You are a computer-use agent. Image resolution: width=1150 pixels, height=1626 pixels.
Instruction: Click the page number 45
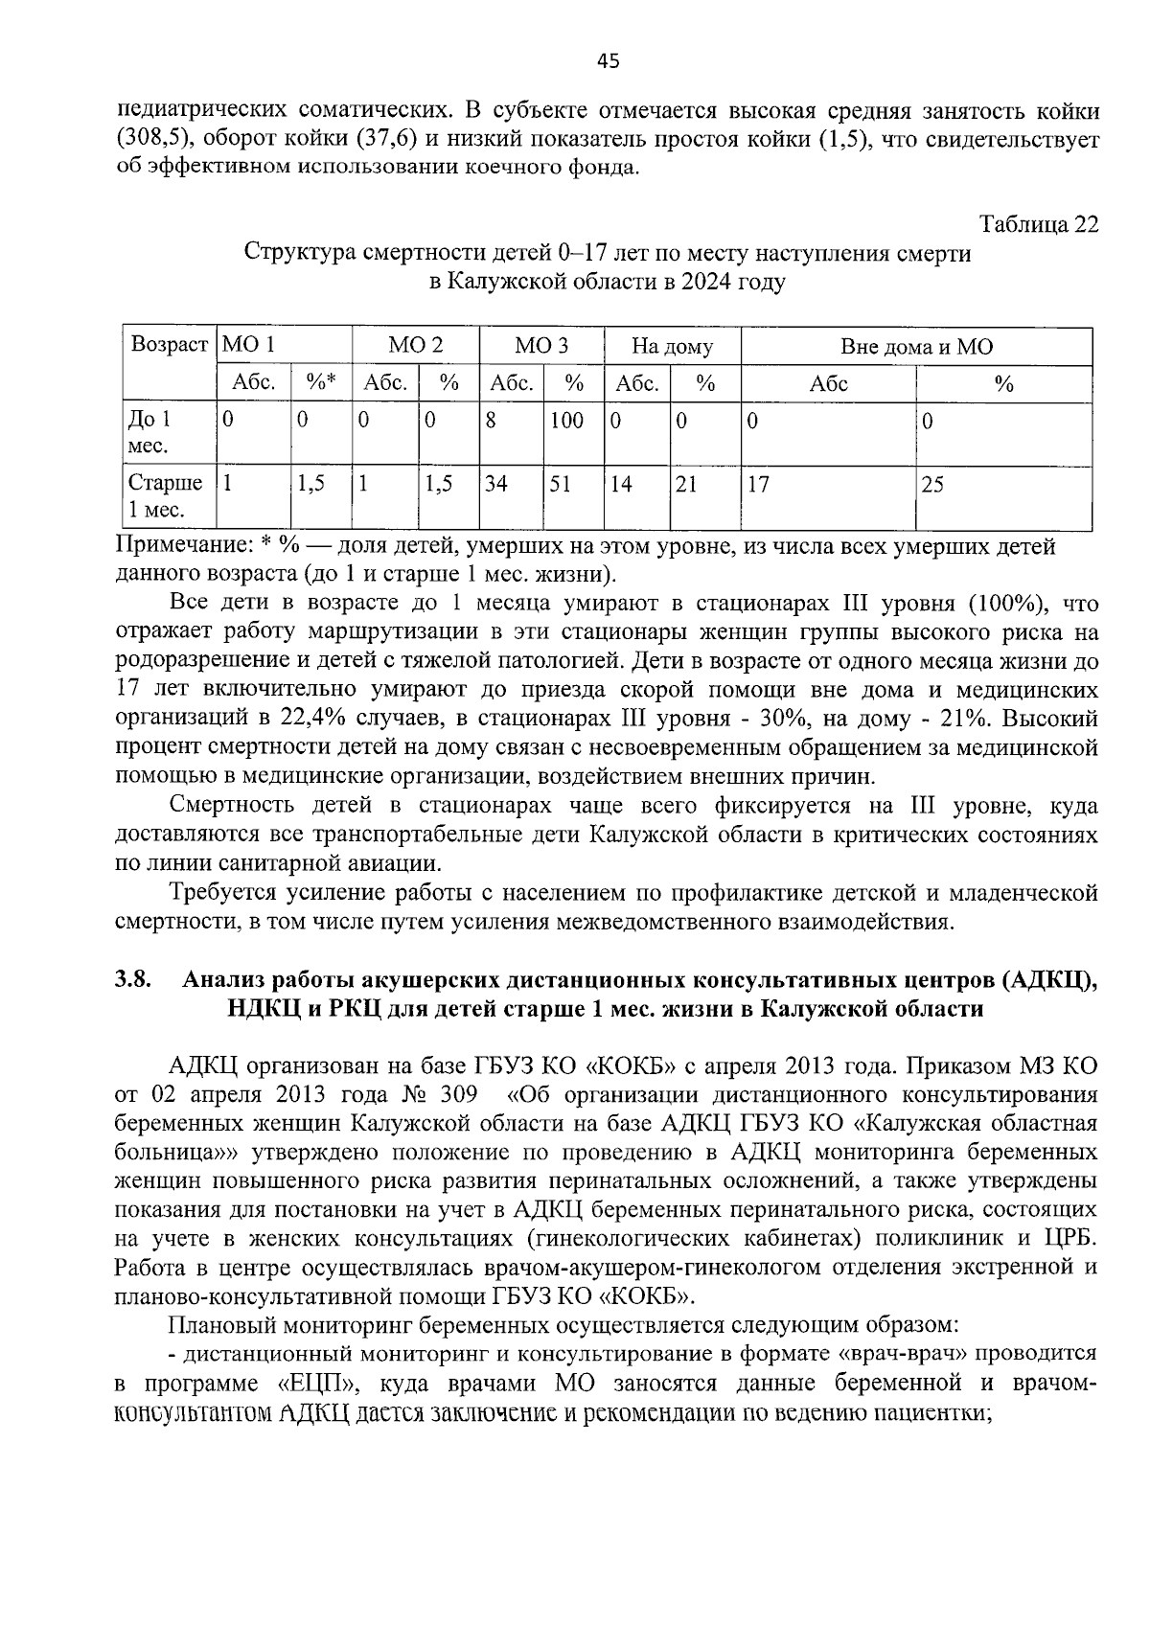(608, 62)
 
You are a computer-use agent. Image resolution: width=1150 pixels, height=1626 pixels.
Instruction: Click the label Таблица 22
(1038, 225)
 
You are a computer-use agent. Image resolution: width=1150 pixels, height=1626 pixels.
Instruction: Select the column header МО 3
(540, 346)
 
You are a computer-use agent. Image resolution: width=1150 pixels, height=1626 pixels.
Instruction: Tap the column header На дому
(672, 346)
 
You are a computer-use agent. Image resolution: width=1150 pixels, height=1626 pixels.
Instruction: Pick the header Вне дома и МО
(916, 346)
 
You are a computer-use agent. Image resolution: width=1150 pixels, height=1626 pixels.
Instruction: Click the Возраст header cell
(169, 345)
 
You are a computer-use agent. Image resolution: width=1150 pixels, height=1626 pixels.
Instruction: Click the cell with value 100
(566, 420)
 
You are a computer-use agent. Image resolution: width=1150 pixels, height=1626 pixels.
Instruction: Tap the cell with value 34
(495, 484)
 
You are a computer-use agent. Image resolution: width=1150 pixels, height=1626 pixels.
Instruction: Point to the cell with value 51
(560, 484)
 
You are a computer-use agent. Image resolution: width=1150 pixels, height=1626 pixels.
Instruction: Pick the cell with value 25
(931, 484)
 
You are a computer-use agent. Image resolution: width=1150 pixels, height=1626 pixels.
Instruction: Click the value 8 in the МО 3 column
(490, 420)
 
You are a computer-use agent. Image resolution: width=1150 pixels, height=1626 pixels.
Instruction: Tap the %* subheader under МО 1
(320, 383)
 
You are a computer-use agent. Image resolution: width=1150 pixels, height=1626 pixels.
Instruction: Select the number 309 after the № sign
(457, 1094)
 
